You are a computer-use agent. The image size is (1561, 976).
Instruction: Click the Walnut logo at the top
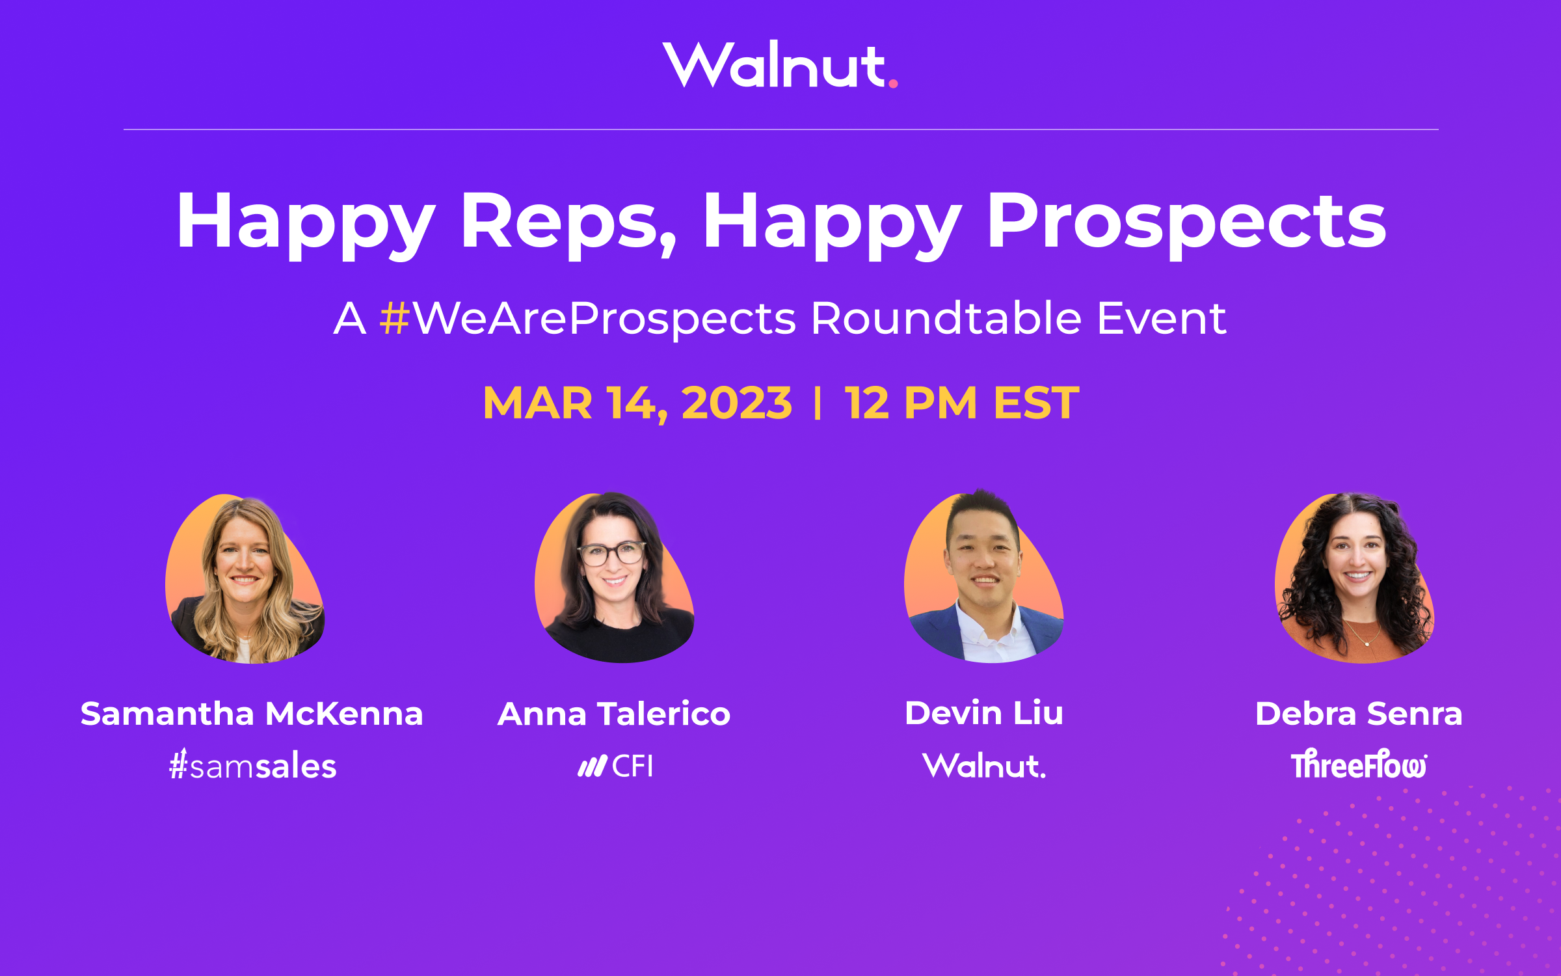click(x=779, y=65)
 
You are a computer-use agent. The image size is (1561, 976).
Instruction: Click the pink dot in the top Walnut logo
click(x=893, y=83)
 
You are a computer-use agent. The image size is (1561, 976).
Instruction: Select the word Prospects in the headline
click(x=1186, y=221)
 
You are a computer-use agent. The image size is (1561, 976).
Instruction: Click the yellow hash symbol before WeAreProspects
click(x=394, y=319)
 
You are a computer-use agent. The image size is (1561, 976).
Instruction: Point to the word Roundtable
click(x=946, y=319)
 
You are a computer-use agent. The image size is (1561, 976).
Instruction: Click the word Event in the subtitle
click(x=1162, y=319)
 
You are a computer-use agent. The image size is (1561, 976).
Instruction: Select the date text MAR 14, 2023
click(x=637, y=403)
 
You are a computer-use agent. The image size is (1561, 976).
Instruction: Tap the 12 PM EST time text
click(x=961, y=403)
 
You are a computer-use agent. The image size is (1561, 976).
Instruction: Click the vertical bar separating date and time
click(x=818, y=403)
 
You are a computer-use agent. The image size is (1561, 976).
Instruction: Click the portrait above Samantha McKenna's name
click(x=245, y=579)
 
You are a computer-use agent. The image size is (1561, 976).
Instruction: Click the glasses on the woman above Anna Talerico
click(x=612, y=554)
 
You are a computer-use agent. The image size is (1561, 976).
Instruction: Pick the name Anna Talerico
click(x=614, y=714)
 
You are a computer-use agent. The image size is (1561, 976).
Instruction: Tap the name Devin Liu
click(x=984, y=713)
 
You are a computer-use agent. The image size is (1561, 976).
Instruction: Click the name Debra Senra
click(x=1359, y=714)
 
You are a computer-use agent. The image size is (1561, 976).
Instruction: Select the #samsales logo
click(x=253, y=766)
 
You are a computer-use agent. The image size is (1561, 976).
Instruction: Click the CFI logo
click(x=615, y=766)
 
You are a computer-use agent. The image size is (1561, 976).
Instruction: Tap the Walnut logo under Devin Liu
click(x=984, y=766)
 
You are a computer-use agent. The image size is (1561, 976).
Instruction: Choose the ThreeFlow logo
click(x=1359, y=765)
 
